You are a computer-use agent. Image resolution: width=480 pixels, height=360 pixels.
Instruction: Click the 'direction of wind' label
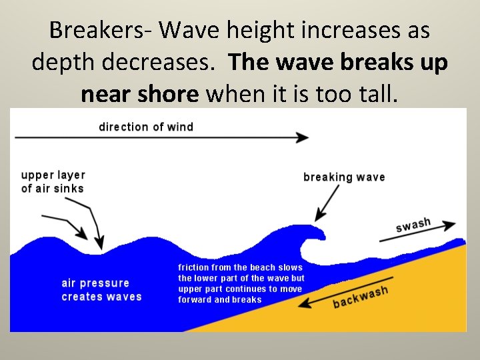(146, 127)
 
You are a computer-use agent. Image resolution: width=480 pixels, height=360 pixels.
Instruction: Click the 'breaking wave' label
(344, 177)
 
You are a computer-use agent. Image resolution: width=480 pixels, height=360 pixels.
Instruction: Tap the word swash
(413, 225)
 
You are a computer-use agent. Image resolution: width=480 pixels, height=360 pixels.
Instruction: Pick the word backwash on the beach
(360, 297)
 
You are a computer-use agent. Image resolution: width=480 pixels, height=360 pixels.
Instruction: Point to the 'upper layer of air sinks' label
(53, 181)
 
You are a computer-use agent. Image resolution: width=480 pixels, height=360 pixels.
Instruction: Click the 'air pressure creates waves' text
(101, 290)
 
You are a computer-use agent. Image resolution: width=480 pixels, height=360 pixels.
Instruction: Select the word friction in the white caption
(194, 267)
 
